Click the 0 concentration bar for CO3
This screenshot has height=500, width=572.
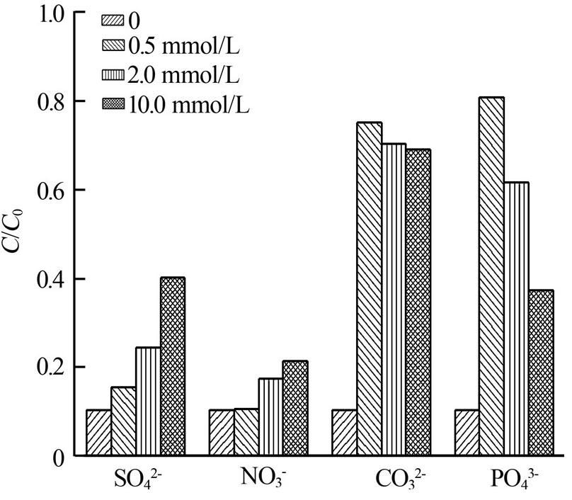coord(345,433)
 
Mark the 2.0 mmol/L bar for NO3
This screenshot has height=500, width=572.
coord(270,417)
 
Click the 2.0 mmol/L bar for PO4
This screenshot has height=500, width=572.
coord(517,319)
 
